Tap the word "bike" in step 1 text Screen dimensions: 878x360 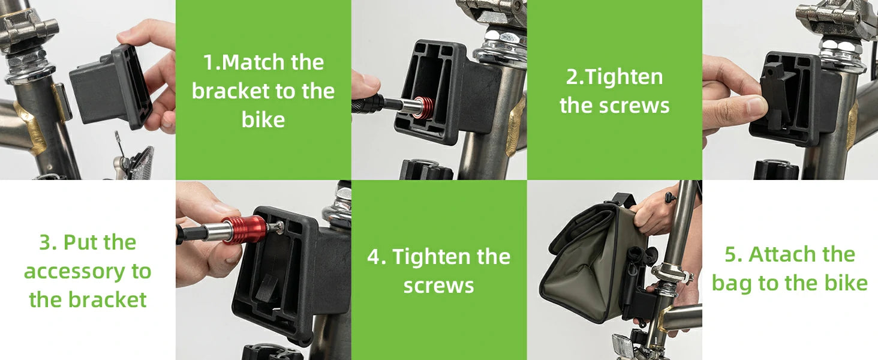[263, 119]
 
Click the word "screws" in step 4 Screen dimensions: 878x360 [438, 286]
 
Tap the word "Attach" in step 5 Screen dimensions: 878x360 [802, 254]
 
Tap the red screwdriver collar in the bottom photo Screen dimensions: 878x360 [239, 230]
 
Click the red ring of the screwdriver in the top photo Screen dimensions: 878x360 [425, 107]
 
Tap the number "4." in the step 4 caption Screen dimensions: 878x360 [376, 257]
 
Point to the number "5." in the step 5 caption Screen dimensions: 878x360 [733, 254]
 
